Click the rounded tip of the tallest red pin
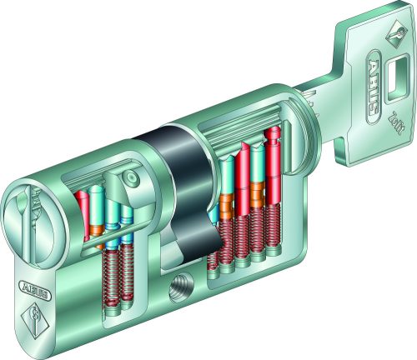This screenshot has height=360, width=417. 272,133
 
